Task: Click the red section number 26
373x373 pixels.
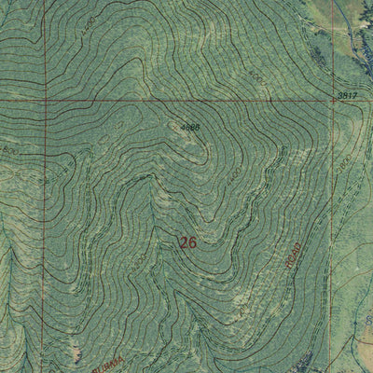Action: tap(188, 242)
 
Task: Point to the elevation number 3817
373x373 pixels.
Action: tap(347, 96)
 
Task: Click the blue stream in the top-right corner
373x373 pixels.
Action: tap(354, 37)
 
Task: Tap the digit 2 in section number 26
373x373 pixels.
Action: tap(184, 242)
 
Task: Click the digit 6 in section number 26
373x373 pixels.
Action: tap(193, 242)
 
